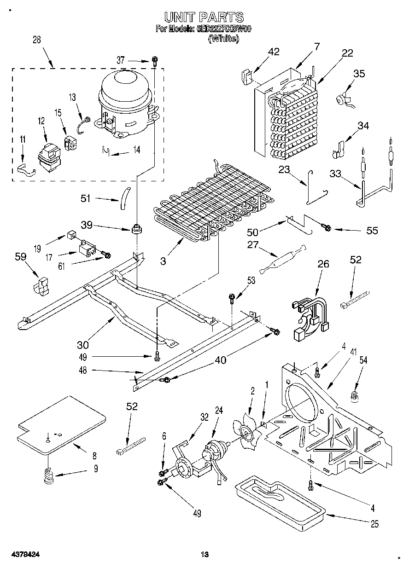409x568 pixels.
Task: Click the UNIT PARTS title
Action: pos(204,17)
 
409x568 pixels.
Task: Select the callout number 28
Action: pos(36,40)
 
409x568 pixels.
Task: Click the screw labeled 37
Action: pos(155,61)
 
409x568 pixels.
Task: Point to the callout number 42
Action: pos(274,52)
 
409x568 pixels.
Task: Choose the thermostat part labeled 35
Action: pos(343,99)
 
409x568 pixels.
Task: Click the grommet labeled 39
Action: pos(136,228)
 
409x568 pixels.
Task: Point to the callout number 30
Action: pos(83,344)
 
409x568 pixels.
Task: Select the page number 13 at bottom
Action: pos(205,555)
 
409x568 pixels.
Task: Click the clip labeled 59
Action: pos(41,285)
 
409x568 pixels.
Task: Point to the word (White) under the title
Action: pos(224,39)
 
